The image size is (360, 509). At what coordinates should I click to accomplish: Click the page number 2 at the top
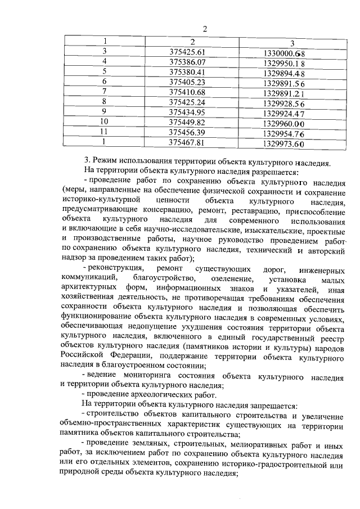click(205, 29)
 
